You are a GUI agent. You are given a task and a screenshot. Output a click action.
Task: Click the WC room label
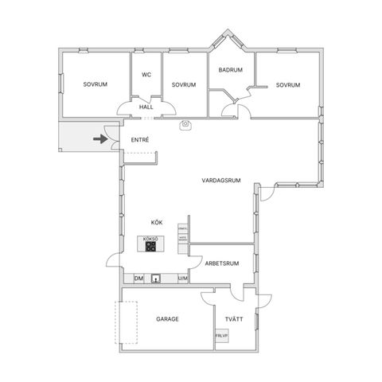click(x=146, y=76)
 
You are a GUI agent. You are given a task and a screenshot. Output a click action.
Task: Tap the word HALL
click(x=146, y=107)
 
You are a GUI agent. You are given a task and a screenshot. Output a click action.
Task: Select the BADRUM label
click(x=231, y=70)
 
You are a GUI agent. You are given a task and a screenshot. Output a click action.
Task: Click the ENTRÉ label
click(x=140, y=141)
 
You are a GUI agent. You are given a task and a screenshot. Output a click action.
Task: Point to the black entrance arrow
click(x=100, y=139)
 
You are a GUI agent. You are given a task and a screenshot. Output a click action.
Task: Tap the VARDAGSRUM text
click(x=221, y=181)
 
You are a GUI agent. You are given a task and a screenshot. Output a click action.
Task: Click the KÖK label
click(x=157, y=222)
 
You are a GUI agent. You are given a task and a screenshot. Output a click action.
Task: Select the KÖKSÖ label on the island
click(x=150, y=239)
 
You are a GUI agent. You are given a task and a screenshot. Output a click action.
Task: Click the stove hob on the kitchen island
click(x=150, y=248)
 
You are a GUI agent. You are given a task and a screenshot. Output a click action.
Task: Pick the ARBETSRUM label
click(x=222, y=262)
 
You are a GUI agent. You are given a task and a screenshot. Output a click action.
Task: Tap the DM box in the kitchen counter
click(x=138, y=279)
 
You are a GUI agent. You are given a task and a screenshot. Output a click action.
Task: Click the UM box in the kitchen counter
click(x=182, y=279)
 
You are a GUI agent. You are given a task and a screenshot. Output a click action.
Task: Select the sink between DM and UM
click(x=157, y=279)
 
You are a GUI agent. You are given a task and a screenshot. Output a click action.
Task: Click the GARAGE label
click(x=167, y=319)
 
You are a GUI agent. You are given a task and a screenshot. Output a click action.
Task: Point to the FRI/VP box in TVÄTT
click(x=221, y=337)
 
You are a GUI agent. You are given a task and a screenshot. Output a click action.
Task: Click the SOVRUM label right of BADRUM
click(x=288, y=85)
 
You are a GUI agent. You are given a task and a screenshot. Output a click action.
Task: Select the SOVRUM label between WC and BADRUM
click(x=184, y=85)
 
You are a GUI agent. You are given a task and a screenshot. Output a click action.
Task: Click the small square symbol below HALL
click(x=185, y=124)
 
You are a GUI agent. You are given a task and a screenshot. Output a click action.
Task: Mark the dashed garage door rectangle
click(x=127, y=324)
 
